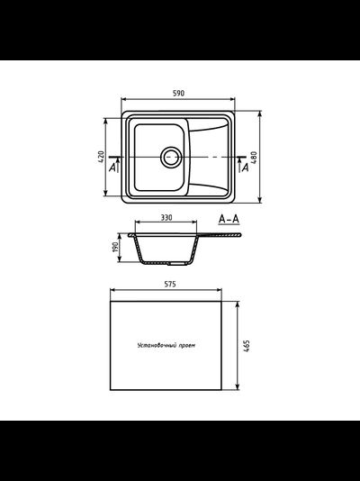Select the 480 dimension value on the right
click(257, 157)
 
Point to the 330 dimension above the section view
click(166, 218)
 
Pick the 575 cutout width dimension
click(170, 284)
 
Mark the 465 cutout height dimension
click(246, 345)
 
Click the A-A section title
click(229, 219)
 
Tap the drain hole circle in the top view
click(170, 157)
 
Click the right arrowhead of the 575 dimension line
click(221, 291)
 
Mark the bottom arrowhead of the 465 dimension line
click(238, 387)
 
